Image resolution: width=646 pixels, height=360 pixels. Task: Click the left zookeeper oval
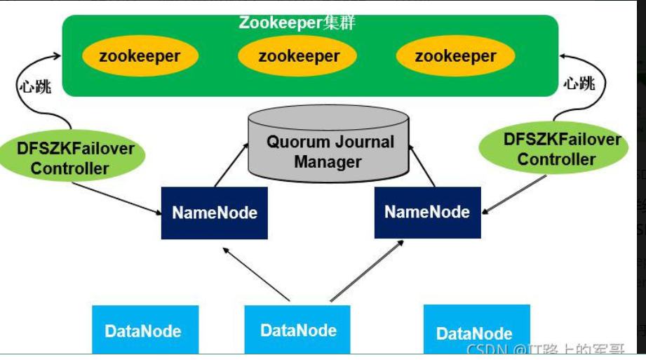point(140,56)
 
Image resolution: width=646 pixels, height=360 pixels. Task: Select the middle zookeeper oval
point(299,56)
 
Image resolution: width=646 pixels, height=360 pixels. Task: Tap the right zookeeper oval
point(455,56)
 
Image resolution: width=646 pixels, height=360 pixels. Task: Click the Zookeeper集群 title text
point(297,22)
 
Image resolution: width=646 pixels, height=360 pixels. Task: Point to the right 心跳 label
point(579,84)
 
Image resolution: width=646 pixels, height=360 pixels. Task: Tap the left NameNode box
point(214,213)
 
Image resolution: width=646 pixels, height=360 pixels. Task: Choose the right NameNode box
point(427,212)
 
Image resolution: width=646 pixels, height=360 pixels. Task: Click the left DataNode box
point(144,331)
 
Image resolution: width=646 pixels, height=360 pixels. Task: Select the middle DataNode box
point(297,330)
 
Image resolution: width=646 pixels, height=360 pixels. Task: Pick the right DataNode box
point(476,332)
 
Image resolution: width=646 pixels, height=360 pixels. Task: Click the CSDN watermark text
point(547,349)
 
